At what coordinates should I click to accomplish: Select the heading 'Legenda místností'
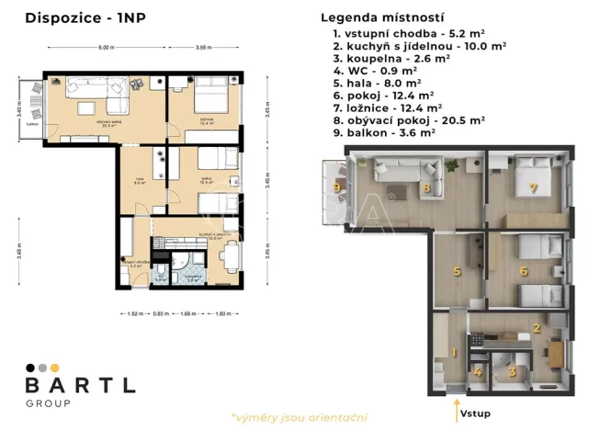382,17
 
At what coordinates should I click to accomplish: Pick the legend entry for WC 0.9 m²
377,69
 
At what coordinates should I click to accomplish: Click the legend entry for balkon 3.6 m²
385,132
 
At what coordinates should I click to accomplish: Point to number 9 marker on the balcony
336,187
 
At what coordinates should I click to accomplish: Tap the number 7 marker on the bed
533,187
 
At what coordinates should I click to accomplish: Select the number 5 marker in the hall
457,271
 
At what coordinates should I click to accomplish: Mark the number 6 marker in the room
523,271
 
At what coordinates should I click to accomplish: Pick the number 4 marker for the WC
478,372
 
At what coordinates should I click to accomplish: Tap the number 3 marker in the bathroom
512,372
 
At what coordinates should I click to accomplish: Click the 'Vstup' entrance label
476,413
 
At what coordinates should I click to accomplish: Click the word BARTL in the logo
80,385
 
